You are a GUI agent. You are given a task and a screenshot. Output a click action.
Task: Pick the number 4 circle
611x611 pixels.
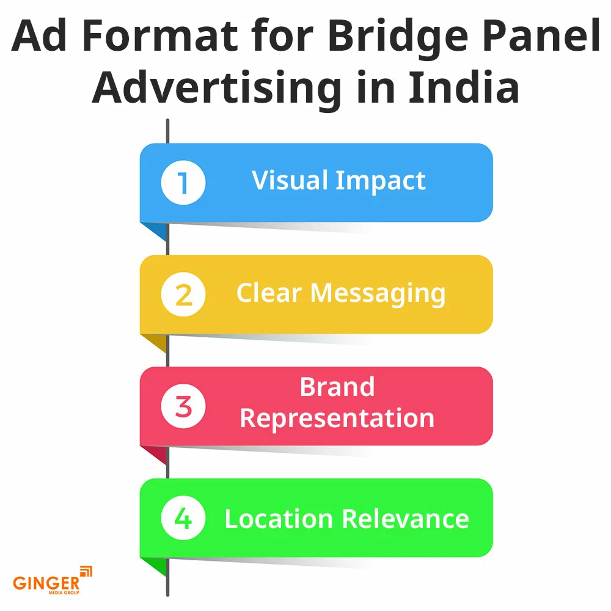click(183, 518)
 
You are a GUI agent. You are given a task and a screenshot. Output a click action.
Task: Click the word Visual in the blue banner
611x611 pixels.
click(290, 181)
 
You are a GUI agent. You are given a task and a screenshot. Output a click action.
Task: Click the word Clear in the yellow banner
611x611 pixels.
click(269, 293)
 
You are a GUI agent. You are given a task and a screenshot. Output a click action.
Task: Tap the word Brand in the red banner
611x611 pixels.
click(337, 387)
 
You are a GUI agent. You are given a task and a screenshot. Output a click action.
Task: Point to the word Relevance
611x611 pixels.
click(406, 519)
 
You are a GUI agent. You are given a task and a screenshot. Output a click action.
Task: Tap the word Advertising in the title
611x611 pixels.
click(217, 87)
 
